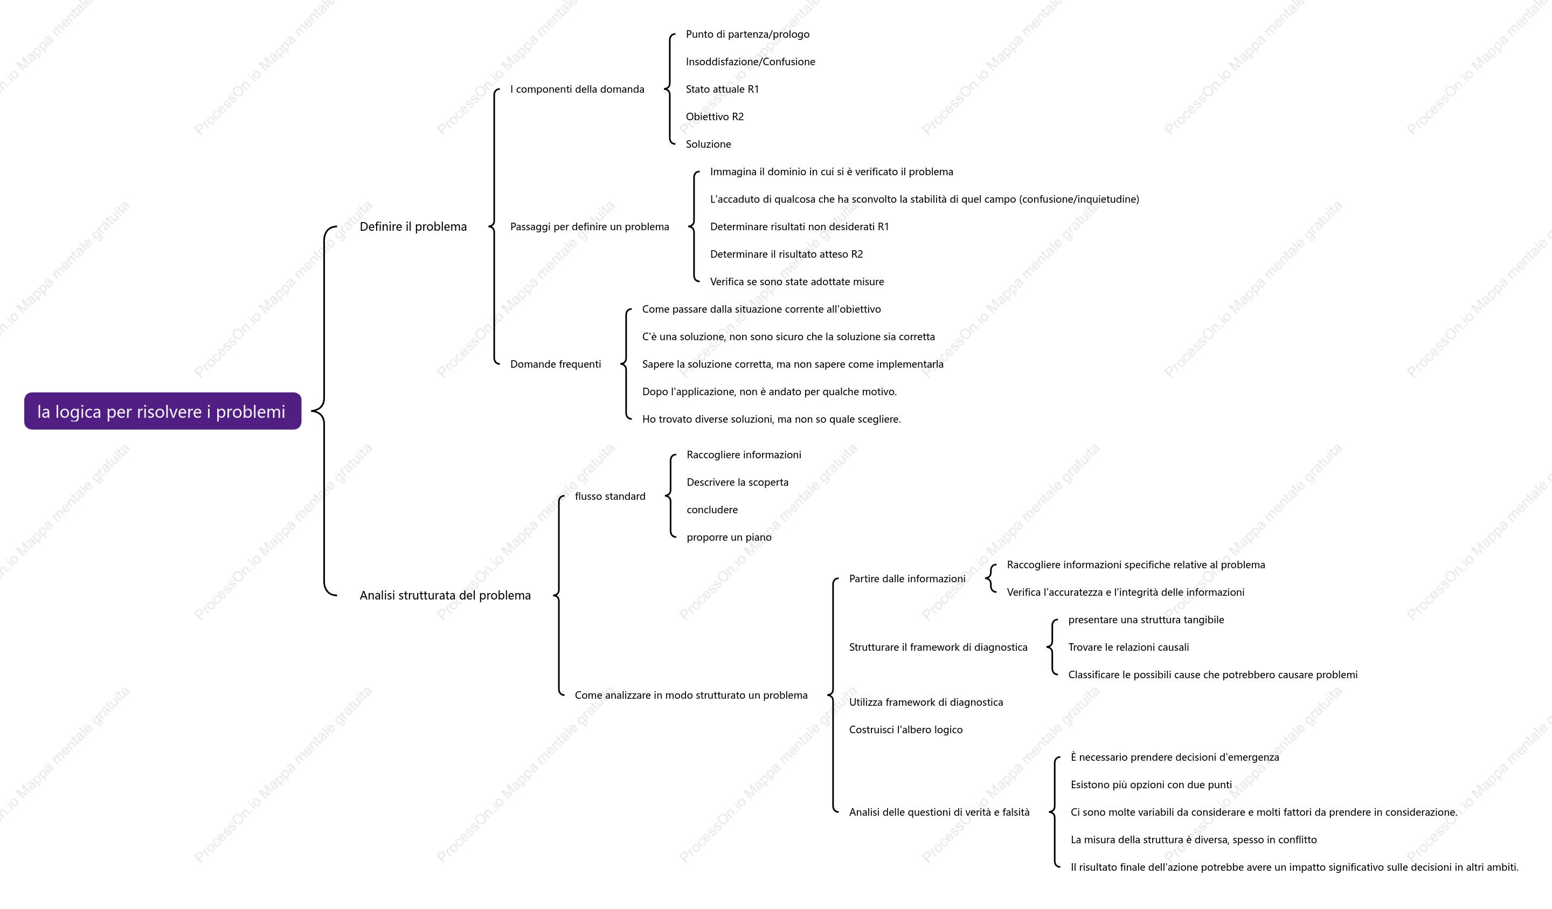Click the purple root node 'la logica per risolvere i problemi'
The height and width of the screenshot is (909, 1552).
point(163,411)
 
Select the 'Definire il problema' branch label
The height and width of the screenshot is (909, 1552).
point(413,227)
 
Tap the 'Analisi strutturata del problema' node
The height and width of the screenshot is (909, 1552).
point(445,595)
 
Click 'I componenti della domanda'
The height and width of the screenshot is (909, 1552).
point(577,89)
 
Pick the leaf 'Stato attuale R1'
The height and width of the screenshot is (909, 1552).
point(723,89)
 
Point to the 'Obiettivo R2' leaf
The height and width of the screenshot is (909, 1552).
point(715,116)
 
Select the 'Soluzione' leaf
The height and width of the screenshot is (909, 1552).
point(708,144)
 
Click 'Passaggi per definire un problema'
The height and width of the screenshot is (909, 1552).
point(590,227)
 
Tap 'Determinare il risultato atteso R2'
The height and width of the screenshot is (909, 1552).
point(786,254)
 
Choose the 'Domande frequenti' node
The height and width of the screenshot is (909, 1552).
point(556,364)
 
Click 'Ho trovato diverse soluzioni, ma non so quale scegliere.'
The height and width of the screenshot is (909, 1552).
point(771,419)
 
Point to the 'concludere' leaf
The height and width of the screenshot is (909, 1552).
point(712,509)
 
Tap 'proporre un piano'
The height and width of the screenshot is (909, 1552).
point(729,538)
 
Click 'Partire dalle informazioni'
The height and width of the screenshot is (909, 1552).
point(907,579)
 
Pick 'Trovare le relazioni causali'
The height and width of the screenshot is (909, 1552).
point(1128,647)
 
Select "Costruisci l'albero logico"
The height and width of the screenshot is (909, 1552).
point(905,729)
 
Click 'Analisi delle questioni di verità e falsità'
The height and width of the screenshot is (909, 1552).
point(939,812)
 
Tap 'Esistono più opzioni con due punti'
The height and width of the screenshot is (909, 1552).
point(1151,784)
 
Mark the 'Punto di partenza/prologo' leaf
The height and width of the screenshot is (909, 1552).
point(747,35)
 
